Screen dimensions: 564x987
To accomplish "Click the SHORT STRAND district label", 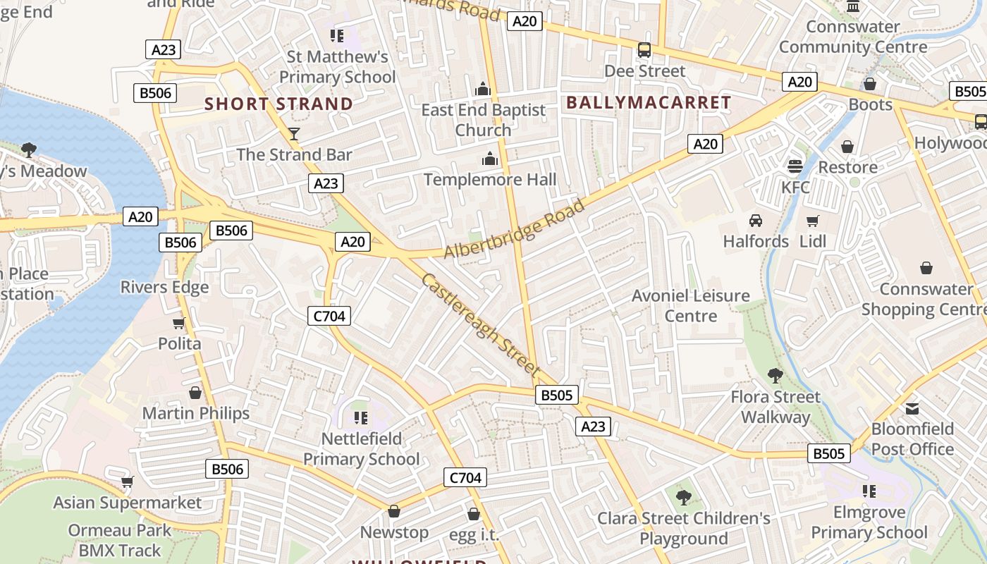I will [x=278, y=104].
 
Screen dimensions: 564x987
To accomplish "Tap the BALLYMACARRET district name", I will [x=649, y=103].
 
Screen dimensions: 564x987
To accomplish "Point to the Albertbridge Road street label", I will [x=515, y=230].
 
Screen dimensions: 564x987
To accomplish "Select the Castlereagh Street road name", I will [x=480, y=324].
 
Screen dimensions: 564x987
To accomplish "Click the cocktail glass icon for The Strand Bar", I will [x=294, y=134].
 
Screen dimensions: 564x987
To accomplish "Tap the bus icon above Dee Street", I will [x=644, y=50].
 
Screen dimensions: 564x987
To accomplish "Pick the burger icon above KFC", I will [x=795, y=166].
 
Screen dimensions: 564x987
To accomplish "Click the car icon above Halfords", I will [x=756, y=220].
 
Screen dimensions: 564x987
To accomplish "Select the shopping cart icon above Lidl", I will [x=813, y=221].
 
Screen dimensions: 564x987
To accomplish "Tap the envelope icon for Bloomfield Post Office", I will [x=912, y=408].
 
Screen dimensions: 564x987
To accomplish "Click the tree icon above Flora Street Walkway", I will [x=775, y=376].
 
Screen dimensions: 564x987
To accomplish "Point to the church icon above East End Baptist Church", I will [x=483, y=89].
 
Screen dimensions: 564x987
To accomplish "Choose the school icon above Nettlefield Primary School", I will [x=361, y=418].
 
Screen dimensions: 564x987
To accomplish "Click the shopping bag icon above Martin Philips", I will [x=195, y=393].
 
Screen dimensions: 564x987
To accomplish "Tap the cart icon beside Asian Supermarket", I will [x=128, y=482].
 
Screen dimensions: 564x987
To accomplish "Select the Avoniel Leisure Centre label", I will [x=691, y=305].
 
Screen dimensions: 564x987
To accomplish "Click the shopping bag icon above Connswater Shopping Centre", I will [x=926, y=268].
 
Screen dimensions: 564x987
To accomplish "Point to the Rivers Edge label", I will [x=164, y=287].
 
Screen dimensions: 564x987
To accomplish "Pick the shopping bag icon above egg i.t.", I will [x=474, y=514].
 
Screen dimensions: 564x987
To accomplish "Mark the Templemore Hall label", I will [x=490, y=180].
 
